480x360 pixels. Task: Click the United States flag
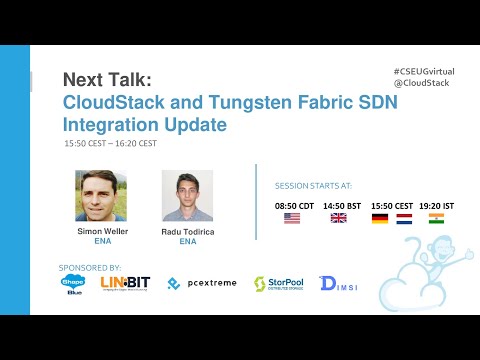(292, 217)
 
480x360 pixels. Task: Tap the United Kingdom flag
(338, 217)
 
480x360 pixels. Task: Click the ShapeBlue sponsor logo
(74, 284)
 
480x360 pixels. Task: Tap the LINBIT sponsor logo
(125, 283)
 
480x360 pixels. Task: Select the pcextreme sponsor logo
(202, 284)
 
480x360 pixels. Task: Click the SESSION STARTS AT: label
(313, 186)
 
